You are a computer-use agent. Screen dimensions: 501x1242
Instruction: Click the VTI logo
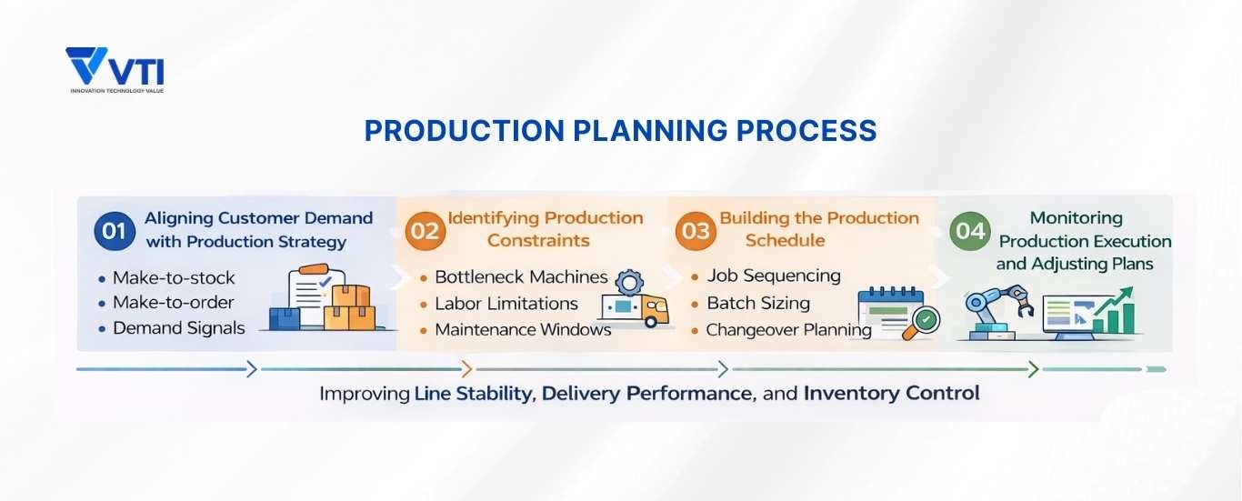click(x=115, y=69)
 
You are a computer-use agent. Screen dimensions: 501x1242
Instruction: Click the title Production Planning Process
click(x=620, y=131)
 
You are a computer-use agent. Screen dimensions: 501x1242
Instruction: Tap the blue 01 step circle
click(x=114, y=231)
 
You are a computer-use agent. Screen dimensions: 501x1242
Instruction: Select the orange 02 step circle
click(x=425, y=231)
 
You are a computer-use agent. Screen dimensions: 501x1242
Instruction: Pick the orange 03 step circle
click(x=696, y=231)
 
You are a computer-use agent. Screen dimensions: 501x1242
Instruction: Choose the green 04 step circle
click(x=970, y=231)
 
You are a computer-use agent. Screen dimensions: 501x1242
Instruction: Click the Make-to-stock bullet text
click(x=174, y=278)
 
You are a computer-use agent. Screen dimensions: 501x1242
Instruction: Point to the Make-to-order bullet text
click(x=174, y=303)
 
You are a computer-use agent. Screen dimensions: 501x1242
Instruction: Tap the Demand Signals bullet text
click(x=179, y=328)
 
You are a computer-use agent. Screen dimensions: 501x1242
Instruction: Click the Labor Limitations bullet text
click(x=506, y=304)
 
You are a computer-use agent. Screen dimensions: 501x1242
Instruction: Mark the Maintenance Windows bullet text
click(x=523, y=329)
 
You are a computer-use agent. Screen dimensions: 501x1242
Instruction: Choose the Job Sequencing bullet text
click(x=774, y=276)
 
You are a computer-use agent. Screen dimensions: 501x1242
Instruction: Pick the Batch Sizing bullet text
click(x=758, y=303)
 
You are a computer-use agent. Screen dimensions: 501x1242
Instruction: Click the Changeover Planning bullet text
click(x=788, y=329)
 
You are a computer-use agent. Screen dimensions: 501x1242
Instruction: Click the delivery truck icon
click(x=633, y=310)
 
